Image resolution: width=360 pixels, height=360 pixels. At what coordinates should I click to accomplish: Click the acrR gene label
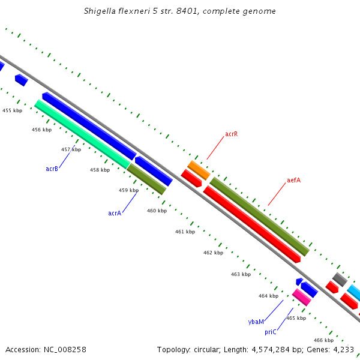pos(231,134)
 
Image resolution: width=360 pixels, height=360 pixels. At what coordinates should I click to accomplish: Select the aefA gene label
pos(293,180)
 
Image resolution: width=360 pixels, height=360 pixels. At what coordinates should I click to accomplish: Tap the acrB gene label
pos(52,169)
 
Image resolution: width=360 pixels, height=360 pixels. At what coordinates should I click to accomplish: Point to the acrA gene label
pos(115,213)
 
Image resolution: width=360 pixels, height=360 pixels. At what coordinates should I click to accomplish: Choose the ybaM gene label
pos(256,322)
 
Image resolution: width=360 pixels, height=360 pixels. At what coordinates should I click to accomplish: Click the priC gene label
pos(270,332)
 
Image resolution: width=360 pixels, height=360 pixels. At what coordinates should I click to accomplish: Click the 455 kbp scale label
pos(12,110)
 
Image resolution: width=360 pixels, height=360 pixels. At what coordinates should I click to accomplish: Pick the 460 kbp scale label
pos(157,211)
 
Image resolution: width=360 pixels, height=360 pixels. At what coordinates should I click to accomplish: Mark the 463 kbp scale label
pos(241,274)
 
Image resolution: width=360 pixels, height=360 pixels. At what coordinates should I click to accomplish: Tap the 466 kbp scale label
pos(323,340)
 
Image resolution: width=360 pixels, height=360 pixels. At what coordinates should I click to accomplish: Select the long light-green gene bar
pos(82,134)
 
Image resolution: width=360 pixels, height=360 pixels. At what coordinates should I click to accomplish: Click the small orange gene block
pos(199,170)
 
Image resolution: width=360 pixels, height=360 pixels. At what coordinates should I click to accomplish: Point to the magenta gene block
pos(301,296)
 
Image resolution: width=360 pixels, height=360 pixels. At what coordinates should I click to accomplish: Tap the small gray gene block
pos(340,279)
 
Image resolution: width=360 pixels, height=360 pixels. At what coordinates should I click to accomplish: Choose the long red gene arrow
pos(252,224)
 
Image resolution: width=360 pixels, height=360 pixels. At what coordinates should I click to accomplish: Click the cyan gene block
pos(354,293)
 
